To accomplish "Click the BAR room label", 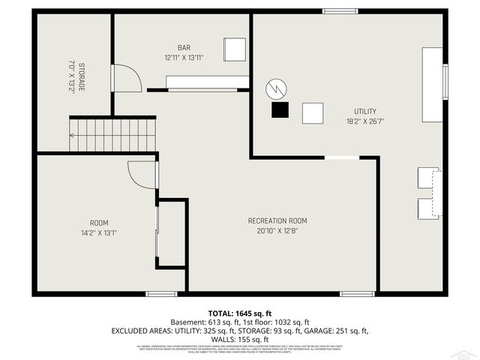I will point(184,48).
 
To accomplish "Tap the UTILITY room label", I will point(365,112).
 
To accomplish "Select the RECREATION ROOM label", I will point(277,220).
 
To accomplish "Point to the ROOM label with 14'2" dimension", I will point(99,223).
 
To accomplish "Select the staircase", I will point(112,135).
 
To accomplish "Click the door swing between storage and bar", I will point(126,79).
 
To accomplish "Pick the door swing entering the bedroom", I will point(142,175).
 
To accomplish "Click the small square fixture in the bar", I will point(235,49).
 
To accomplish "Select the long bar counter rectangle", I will point(208,82).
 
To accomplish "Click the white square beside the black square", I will point(313,113).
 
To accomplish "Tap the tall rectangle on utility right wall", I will point(433,85).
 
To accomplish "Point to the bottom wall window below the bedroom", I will point(161,293).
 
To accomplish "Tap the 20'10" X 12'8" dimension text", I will point(277,231).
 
